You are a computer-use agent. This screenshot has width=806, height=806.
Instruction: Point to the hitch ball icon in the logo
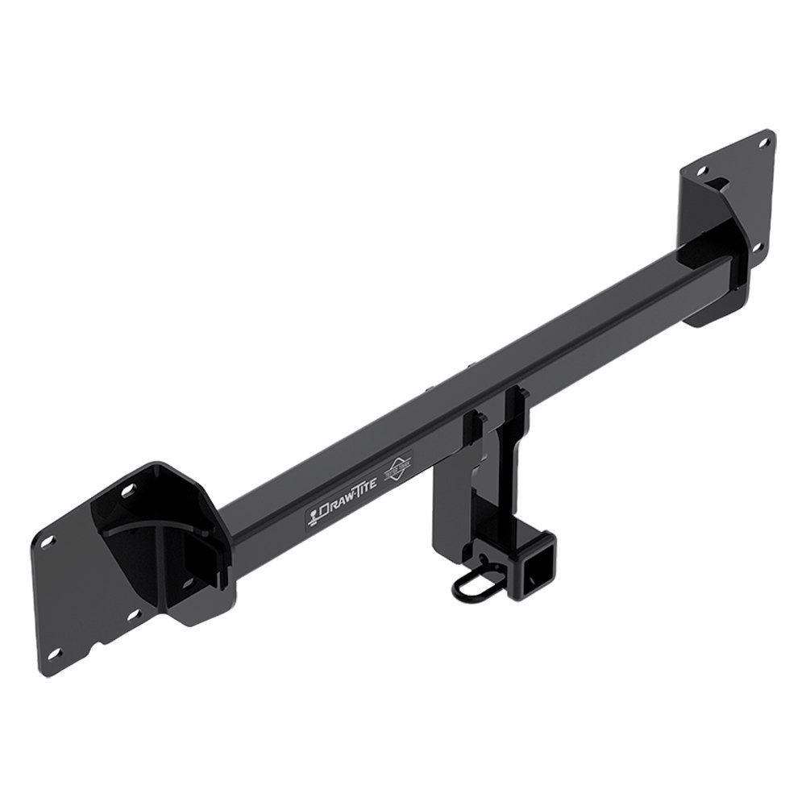tap(314, 516)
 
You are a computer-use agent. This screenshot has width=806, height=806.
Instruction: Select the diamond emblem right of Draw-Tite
tap(398, 470)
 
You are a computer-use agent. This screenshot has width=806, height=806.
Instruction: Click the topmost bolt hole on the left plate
tap(127, 489)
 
